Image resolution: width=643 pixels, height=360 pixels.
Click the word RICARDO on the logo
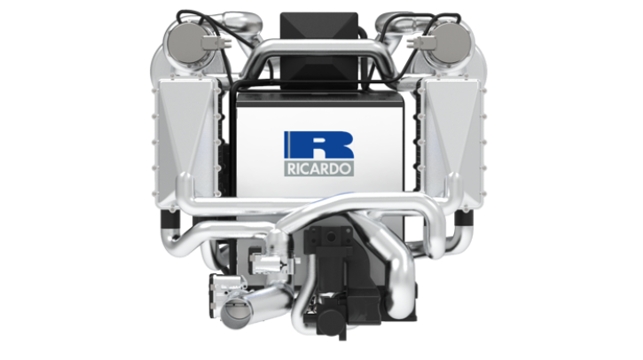(x=318, y=169)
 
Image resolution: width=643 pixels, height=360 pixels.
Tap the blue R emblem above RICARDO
(x=318, y=145)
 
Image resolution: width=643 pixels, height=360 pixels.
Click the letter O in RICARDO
(x=346, y=169)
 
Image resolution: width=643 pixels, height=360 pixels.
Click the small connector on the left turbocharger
(x=214, y=42)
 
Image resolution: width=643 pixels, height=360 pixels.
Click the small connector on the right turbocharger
(x=420, y=43)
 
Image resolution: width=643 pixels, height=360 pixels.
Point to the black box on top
(x=318, y=50)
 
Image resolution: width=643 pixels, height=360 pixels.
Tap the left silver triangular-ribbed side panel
(x=186, y=142)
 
